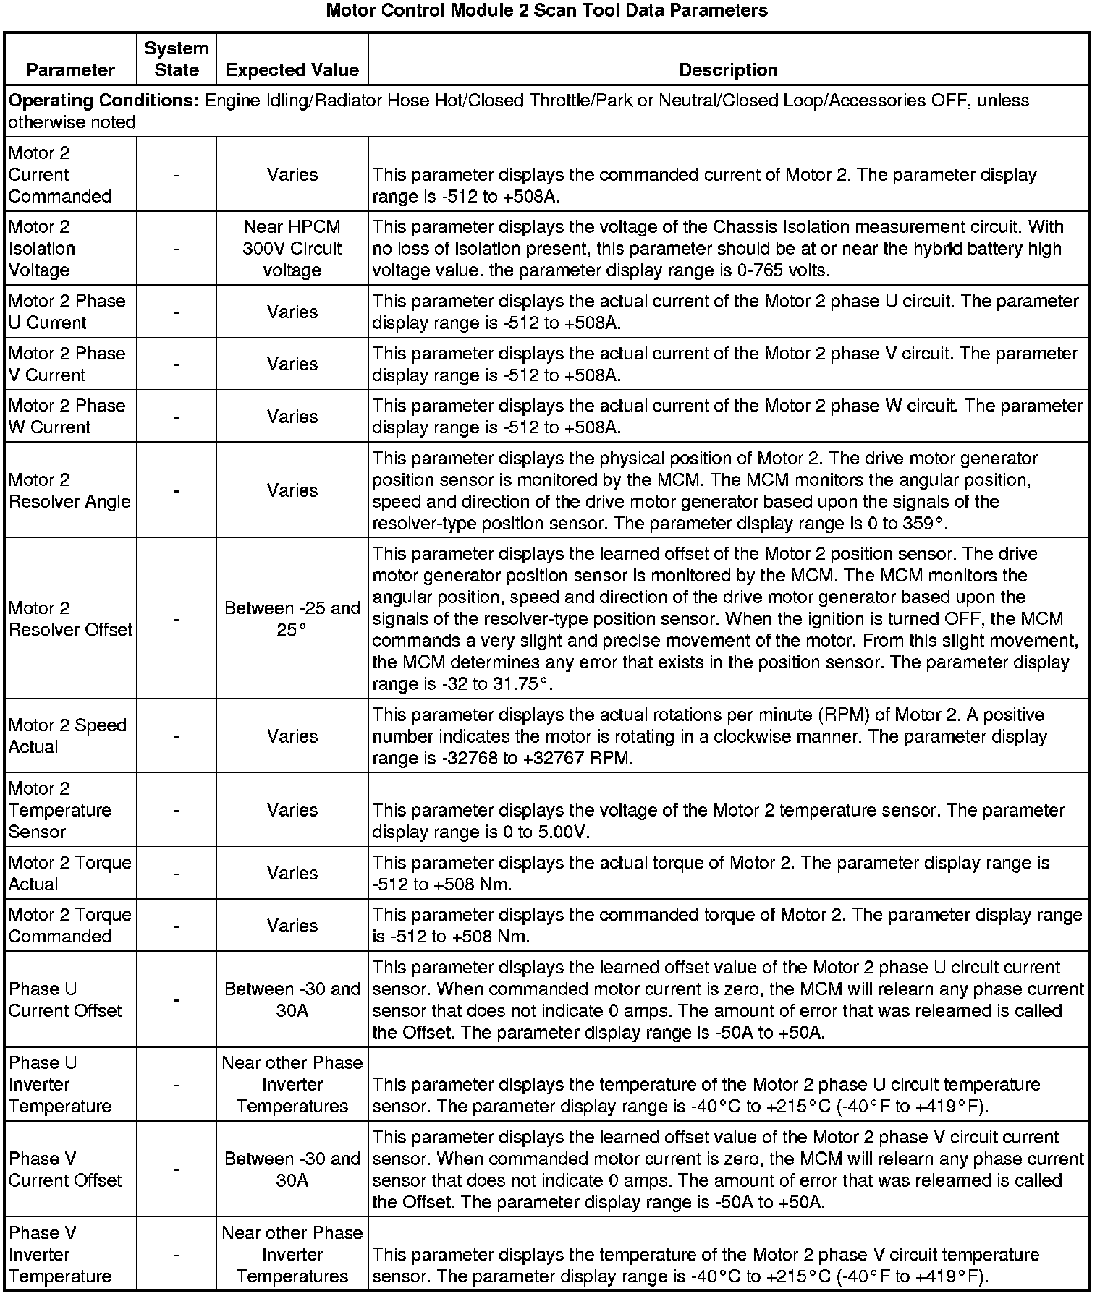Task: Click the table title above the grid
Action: pyautogui.click(x=546, y=11)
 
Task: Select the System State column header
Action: pyautogui.click(x=177, y=59)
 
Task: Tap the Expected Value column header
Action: pyautogui.click(x=292, y=69)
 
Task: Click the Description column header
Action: pyautogui.click(x=728, y=69)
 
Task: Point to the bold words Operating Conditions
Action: pyautogui.click(x=103, y=101)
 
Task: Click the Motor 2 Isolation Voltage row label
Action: pyautogui.click(x=42, y=248)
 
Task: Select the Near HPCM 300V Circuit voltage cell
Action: pyautogui.click(x=292, y=248)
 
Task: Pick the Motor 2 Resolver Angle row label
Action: pyautogui.click(x=69, y=490)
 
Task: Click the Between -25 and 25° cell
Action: pyautogui.click(x=292, y=618)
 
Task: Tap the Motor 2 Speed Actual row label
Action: pyautogui.click(x=67, y=736)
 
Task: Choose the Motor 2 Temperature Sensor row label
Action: pyautogui.click(x=60, y=810)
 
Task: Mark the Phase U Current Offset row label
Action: pyautogui.click(x=65, y=999)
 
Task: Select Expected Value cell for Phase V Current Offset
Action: pyautogui.click(x=292, y=1169)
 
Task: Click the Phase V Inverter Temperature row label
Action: pyautogui.click(x=60, y=1254)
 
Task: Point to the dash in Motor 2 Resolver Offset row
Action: pyautogui.click(x=177, y=619)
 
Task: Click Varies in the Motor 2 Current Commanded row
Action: pyautogui.click(x=292, y=174)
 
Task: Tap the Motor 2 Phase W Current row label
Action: pyautogui.click(x=67, y=416)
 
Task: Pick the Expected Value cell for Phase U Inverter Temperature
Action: pyautogui.click(x=292, y=1084)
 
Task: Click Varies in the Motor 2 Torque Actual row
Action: pyautogui.click(x=292, y=873)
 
